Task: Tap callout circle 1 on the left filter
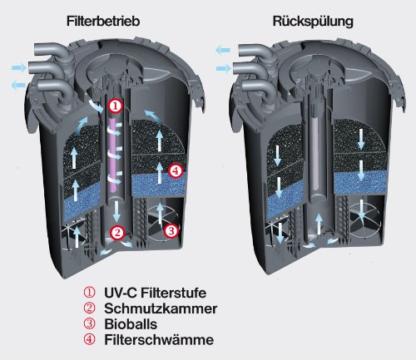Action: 116,106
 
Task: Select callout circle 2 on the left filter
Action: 117,233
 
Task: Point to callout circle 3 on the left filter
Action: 170,230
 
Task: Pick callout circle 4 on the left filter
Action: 175,170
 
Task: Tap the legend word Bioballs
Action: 128,323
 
